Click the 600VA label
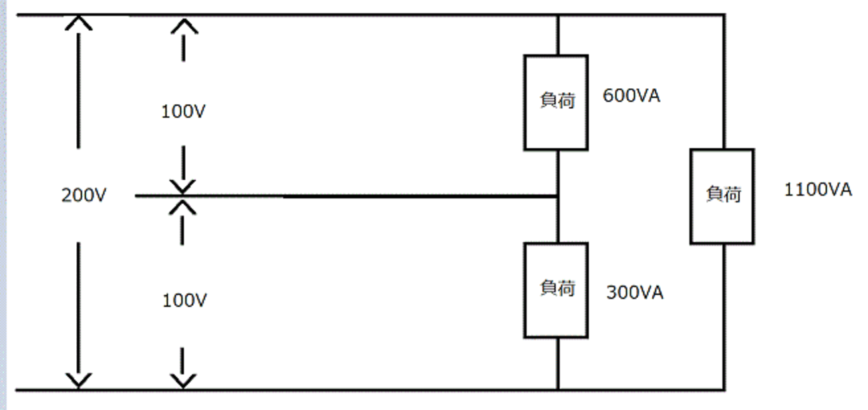click(631, 95)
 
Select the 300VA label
click(635, 292)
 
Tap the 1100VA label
click(818, 190)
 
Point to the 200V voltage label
click(84, 195)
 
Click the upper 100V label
click(183, 112)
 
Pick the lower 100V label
click(184, 300)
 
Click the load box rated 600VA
click(556, 103)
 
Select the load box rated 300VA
click(556, 290)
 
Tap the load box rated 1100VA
click(722, 196)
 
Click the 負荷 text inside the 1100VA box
click(724, 194)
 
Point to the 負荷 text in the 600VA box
click(557, 100)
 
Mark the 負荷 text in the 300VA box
click(557, 288)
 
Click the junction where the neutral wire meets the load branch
click(558, 196)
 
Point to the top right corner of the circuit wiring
click(724, 15)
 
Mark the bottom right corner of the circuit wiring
click(724, 389)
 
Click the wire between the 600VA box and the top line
click(558, 35)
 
